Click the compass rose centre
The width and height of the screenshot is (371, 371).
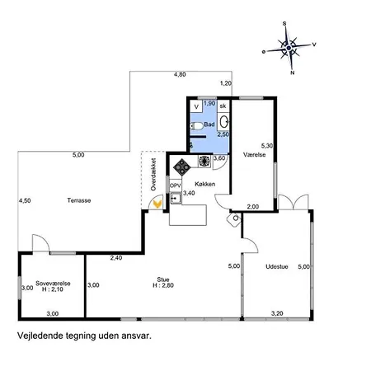click(x=289, y=48)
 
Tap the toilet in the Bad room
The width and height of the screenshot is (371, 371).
click(x=196, y=126)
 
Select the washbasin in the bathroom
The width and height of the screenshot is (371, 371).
click(x=224, y=121)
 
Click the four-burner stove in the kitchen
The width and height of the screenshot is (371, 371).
click(x=181, y=167)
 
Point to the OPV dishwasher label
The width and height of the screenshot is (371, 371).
click(x=176, y=185)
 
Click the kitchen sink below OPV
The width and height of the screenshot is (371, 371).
click(x=176, y=198)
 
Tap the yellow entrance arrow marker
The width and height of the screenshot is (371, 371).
click(x=157, y=204)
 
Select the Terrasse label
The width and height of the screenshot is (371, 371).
click(x=79, y=200)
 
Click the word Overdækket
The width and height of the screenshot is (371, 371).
click(x=153, y=174)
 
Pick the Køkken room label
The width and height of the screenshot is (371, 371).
click(x=204, y=184)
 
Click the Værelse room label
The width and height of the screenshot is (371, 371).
click(x=255, y=155)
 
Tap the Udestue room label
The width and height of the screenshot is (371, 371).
click(x=277, y=266)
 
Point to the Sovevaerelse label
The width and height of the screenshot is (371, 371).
click(x=53, y=284)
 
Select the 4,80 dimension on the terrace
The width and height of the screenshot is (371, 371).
click(x=180, y=74)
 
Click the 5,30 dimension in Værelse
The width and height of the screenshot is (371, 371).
click(x=267, y=146)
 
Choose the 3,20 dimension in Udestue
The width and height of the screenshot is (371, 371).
click(x=277, y=313)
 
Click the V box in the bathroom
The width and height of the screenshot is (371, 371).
click(x=196, y=106)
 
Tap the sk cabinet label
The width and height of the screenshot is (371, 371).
click(x=223, y=106)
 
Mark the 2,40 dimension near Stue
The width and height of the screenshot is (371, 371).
click(x=116, y=258)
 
